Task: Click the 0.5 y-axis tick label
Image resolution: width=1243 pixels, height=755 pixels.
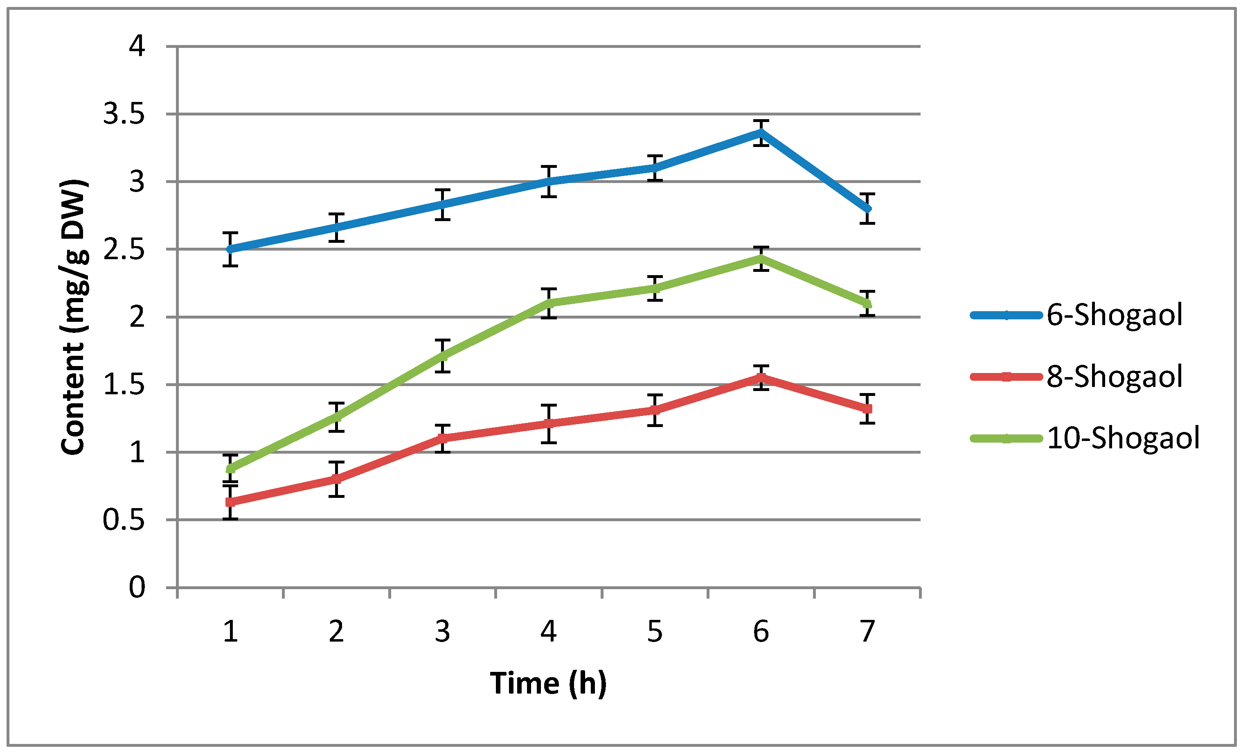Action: [x=124, y=520]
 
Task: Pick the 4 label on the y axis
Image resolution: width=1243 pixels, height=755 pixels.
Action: [x=137, y=46]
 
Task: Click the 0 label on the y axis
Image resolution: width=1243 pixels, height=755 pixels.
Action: [x=137, y=588]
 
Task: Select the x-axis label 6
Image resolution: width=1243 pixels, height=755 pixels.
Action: [x=761, y=631]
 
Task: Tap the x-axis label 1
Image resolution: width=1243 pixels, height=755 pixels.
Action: [x=230, y=631]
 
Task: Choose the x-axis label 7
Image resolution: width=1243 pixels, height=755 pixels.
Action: [x=867, y=631]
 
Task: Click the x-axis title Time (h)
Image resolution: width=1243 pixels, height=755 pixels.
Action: [x=548, y=683]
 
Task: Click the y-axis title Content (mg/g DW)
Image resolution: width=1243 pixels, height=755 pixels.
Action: [x=74, y=316]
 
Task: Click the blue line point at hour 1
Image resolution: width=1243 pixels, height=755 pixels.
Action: [x=230, y=249]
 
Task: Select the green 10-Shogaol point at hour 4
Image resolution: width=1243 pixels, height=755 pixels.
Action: [x=549, y=303]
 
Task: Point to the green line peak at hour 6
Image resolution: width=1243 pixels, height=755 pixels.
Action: [x=761, y=258]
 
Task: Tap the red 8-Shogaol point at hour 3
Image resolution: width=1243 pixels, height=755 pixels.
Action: [x=442, y=439]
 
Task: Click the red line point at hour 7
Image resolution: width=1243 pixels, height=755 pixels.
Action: [x=867, y=409]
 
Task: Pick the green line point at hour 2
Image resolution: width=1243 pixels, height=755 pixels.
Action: [x=336, y=417]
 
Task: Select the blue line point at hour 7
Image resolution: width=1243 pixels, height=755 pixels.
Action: [x=867, y=208]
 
